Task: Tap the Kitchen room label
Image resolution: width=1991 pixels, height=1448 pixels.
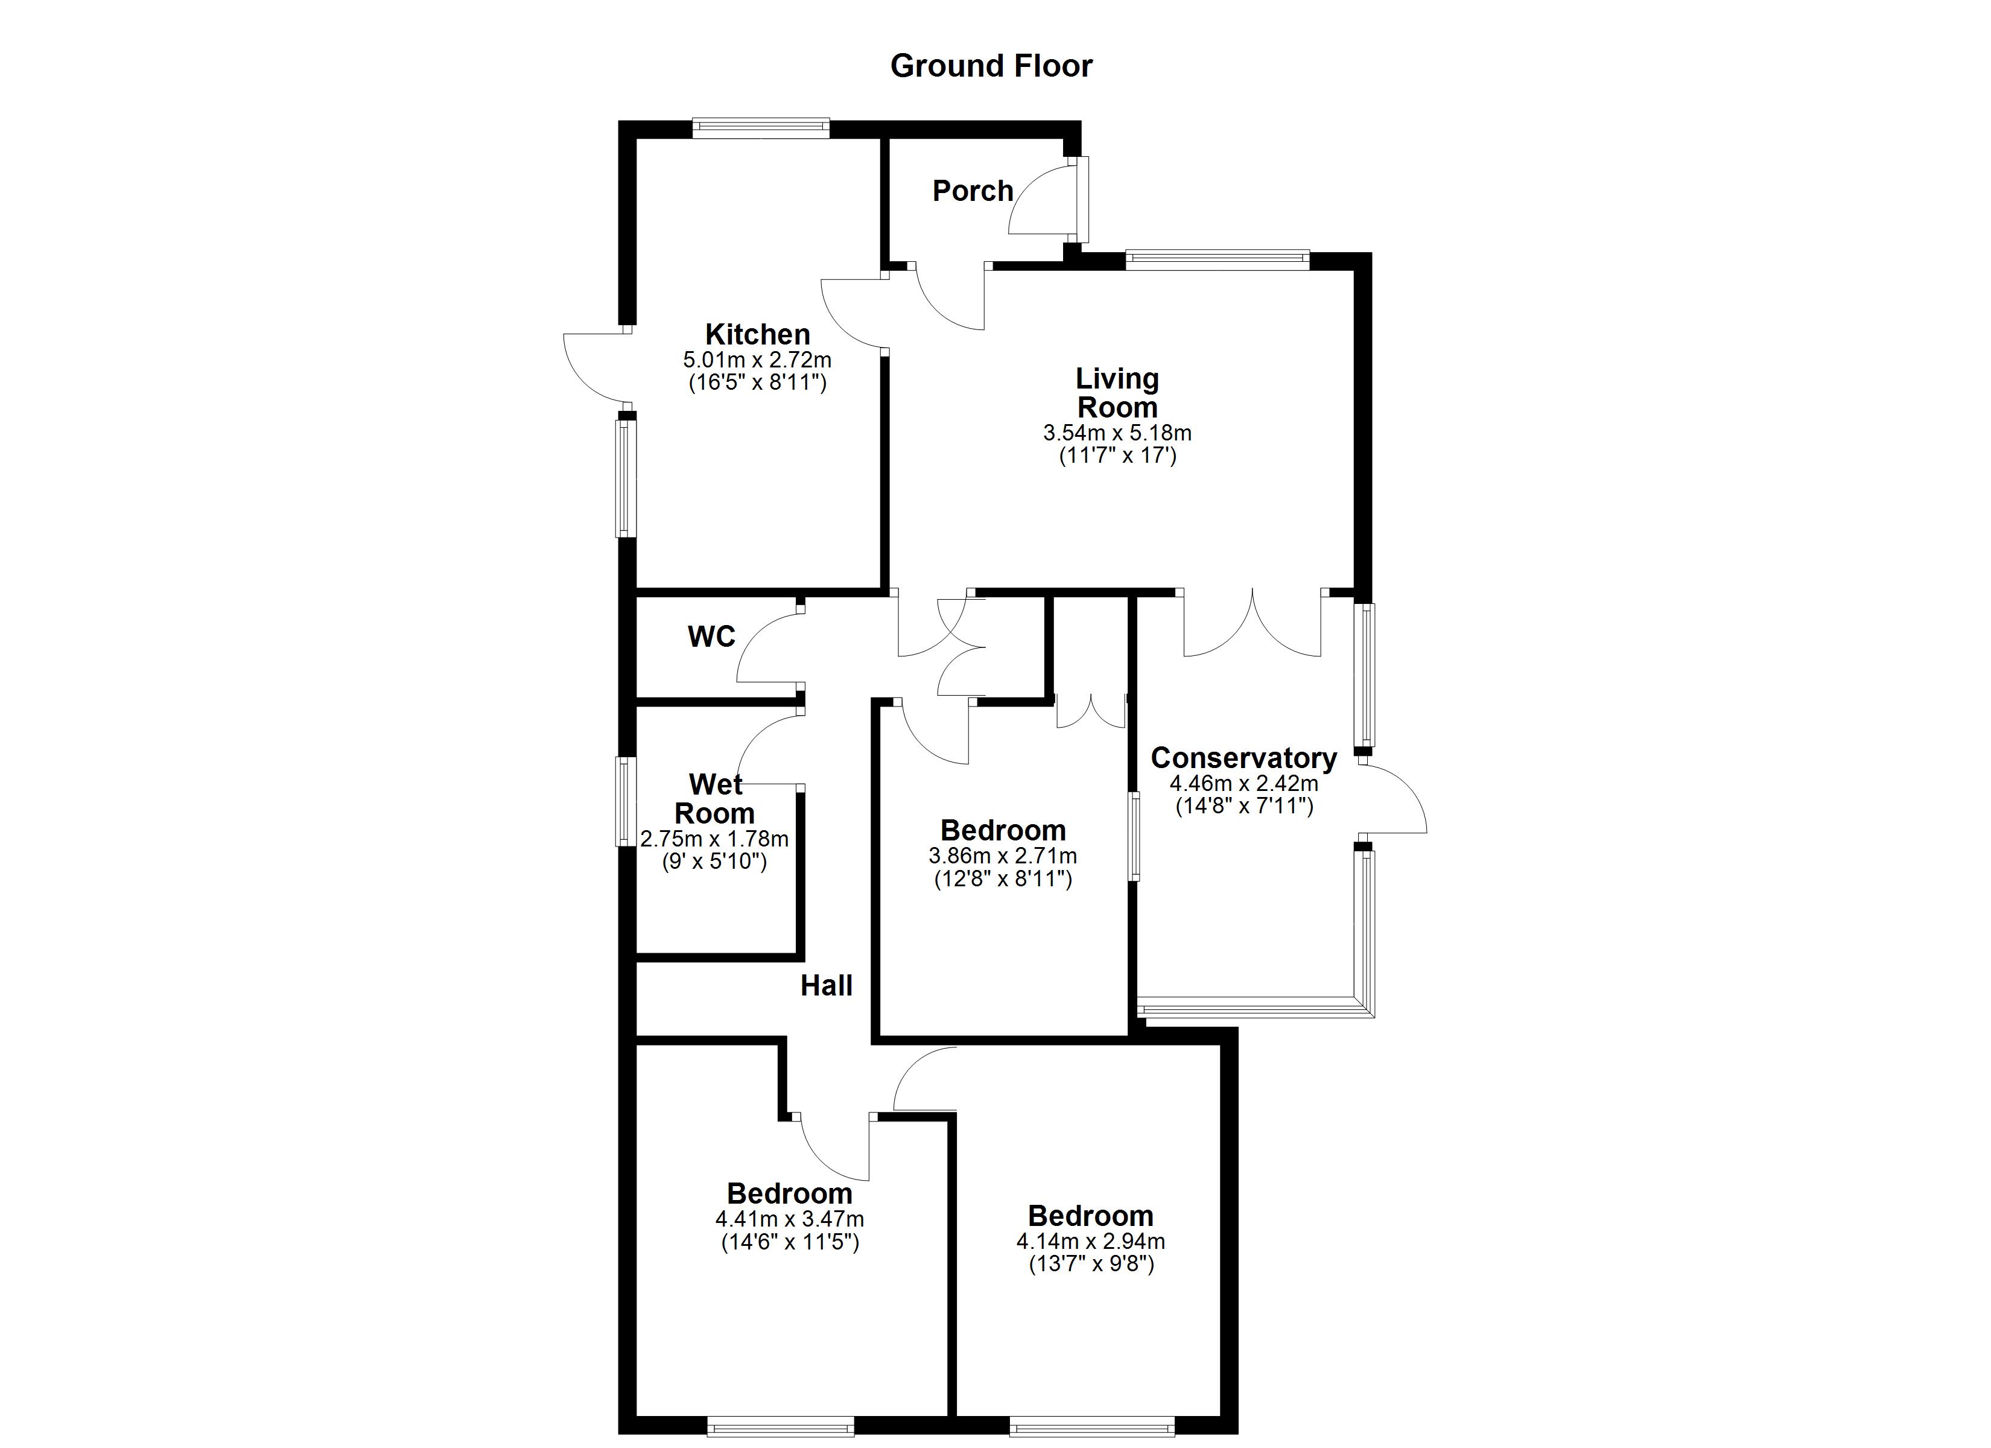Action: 757,335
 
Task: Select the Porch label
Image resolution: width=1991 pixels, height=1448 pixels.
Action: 972,191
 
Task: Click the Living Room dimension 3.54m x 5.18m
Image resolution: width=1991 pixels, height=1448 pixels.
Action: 1117,433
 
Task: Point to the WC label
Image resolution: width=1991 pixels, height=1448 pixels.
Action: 711,636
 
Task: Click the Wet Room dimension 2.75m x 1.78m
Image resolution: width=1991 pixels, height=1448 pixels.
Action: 714,839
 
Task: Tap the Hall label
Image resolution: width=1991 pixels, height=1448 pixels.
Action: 826,985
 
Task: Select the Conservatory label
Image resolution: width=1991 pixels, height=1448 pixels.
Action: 1243,757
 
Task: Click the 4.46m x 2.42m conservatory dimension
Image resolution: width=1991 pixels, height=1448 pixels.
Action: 1243,783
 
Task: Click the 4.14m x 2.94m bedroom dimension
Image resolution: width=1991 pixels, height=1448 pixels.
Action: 1090,1241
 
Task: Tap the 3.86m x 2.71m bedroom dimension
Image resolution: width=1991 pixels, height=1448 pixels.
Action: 1003,856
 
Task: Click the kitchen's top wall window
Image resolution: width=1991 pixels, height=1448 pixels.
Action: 760,128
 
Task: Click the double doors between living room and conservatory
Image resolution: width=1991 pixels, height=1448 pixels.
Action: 1253,625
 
